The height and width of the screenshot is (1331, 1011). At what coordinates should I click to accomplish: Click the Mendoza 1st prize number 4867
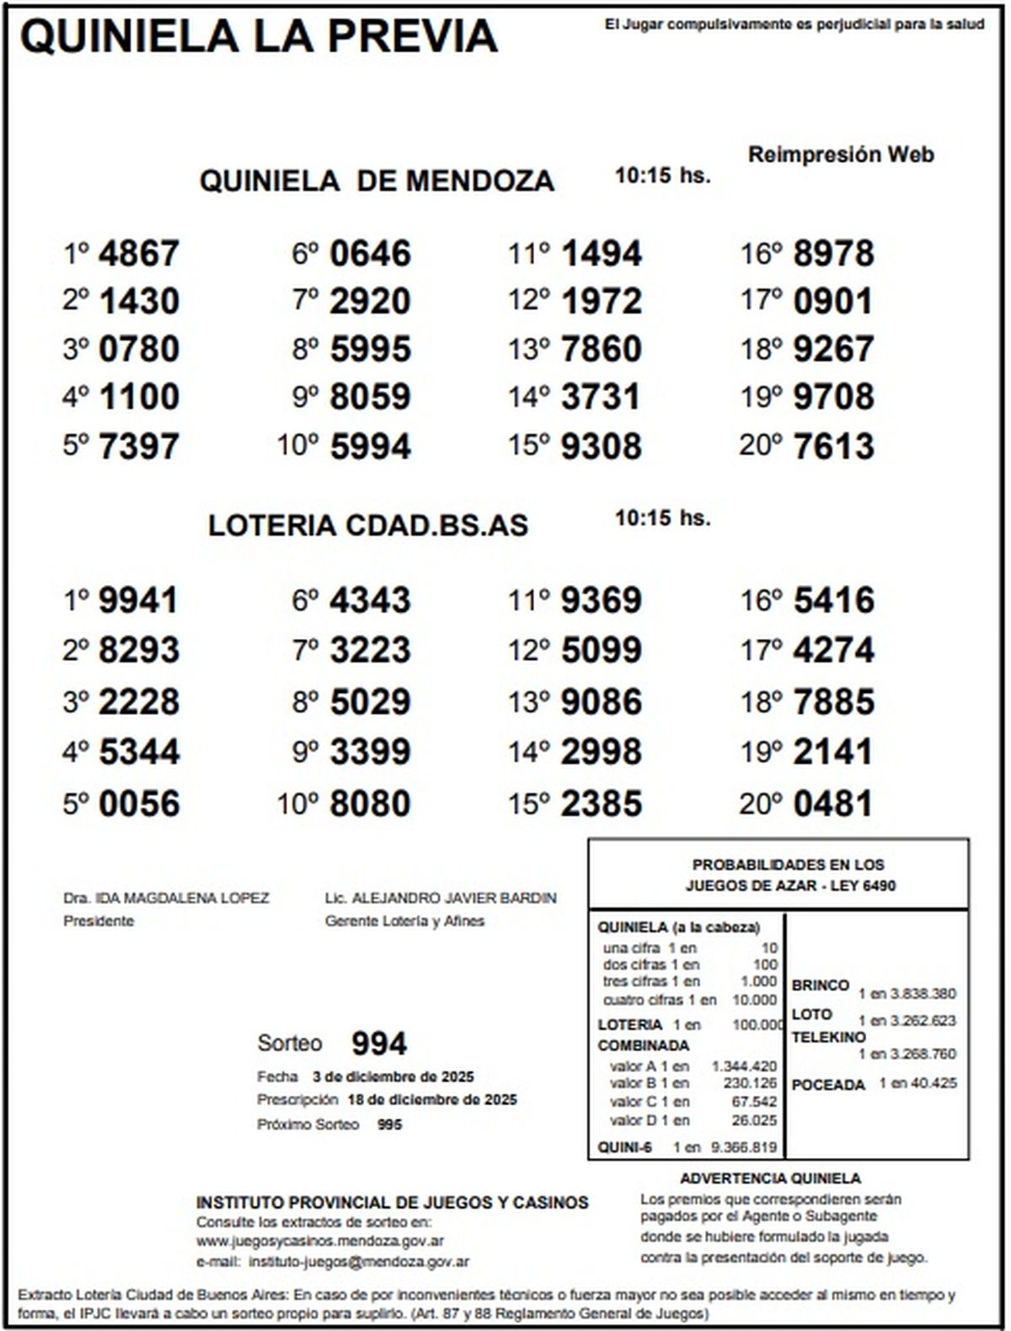coord(138,254)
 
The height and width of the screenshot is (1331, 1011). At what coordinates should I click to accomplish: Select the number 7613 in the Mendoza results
coord(832,446)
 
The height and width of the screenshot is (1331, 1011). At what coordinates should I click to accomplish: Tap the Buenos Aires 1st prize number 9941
coord(138,601)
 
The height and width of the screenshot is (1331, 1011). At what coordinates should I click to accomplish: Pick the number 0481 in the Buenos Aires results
coord(832,803)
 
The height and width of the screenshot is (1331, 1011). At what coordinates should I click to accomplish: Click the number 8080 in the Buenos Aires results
coord(370,803)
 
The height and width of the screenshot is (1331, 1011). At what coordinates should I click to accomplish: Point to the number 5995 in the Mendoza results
coord(370,349)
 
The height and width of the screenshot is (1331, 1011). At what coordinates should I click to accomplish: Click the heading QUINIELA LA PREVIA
coord(259,37)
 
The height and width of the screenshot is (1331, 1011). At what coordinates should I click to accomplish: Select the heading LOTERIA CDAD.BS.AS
coord(368,525)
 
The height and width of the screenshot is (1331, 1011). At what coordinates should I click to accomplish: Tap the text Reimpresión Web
coord(841,155)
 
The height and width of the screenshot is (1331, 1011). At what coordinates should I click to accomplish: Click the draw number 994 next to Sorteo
coord(379,1044)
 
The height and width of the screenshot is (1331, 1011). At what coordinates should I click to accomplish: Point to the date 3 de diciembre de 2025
coord(393,1076)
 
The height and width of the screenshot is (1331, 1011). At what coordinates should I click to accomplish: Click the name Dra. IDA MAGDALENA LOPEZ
coord(166,899)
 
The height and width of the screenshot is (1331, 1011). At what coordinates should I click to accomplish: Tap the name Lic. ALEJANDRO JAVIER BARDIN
coord(441,899)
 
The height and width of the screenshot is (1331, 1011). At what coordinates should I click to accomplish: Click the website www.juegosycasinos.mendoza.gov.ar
coord(320,1241)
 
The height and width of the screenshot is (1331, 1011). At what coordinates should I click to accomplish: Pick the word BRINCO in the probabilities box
coord(820,985)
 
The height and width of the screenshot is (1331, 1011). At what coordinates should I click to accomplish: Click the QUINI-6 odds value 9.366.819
coord(744,1147)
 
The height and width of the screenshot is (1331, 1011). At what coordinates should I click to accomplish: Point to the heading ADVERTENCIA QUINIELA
coord(770,1178)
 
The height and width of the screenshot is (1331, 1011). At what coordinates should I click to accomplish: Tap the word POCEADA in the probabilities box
coord(828,1085)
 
